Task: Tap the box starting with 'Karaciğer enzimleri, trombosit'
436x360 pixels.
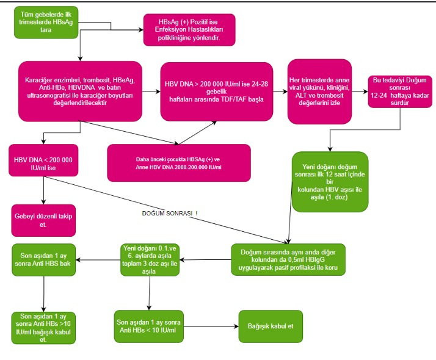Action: tap(81, 91)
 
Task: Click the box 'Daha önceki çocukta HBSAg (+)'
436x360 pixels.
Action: tap(178, 163)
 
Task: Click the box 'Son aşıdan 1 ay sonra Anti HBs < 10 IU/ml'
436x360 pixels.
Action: tap(150, 327)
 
